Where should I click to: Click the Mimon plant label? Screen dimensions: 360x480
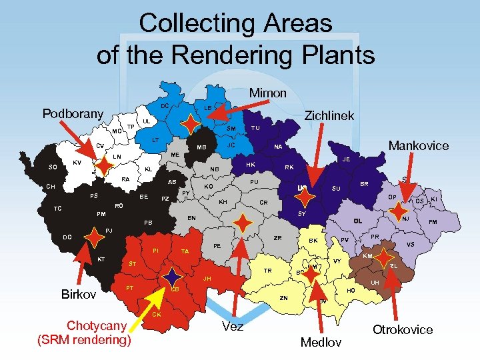click(267, 93)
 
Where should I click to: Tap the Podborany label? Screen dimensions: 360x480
click(73, 113)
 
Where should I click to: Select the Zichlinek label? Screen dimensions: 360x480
click(329, 116)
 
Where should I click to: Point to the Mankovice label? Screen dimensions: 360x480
click(419, 145)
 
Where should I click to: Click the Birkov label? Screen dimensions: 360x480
click(79, 294)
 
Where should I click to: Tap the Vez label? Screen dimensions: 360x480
click(233, 326)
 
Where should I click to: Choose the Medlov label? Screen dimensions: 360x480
click(321, 342)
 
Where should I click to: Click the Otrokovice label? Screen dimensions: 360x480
click(403, 329)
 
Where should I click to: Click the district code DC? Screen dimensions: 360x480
click(164, 105)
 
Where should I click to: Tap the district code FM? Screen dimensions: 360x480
click(433, 222)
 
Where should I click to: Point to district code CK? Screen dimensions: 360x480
click(156, 314)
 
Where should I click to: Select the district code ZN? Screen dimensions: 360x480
click(283, 297)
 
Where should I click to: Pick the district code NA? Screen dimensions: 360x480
click(278, 148)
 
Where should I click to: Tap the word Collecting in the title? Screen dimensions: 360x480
click(189, 23)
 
